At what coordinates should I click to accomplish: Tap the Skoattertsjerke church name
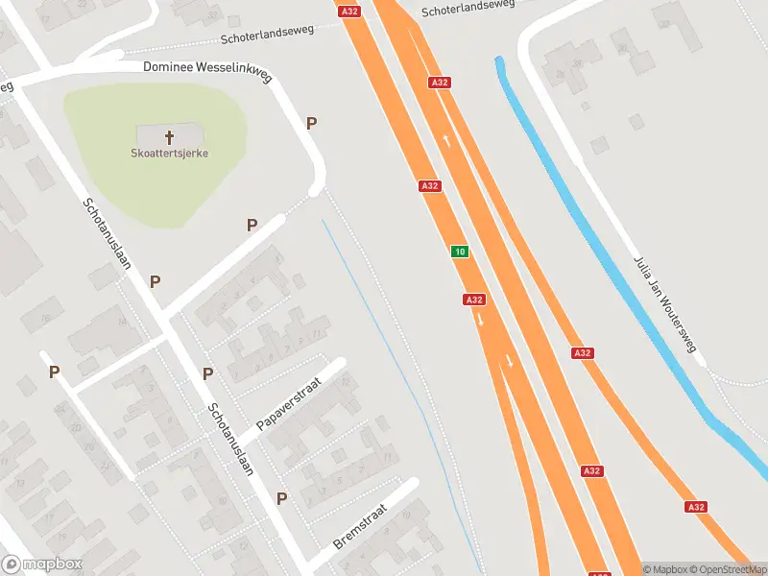click(170, 153)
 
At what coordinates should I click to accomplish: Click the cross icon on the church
click(170, 136)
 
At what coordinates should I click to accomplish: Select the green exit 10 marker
click(461, 252)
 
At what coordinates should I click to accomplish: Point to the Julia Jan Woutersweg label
click(663, 304)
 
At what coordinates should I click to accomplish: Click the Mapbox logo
click(42, 564)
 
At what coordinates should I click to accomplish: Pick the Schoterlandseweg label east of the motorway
click(468, 8)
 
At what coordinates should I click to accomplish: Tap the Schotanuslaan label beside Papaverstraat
click(229, 438)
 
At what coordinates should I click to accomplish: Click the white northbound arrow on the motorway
click(447, 141)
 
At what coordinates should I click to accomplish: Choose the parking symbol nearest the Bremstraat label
click(282, 498)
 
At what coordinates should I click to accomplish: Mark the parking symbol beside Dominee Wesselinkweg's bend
click(311, 123)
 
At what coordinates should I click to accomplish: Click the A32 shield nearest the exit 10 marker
click(473, 300)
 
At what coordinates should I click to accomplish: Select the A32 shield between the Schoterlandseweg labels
click(349, 11)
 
